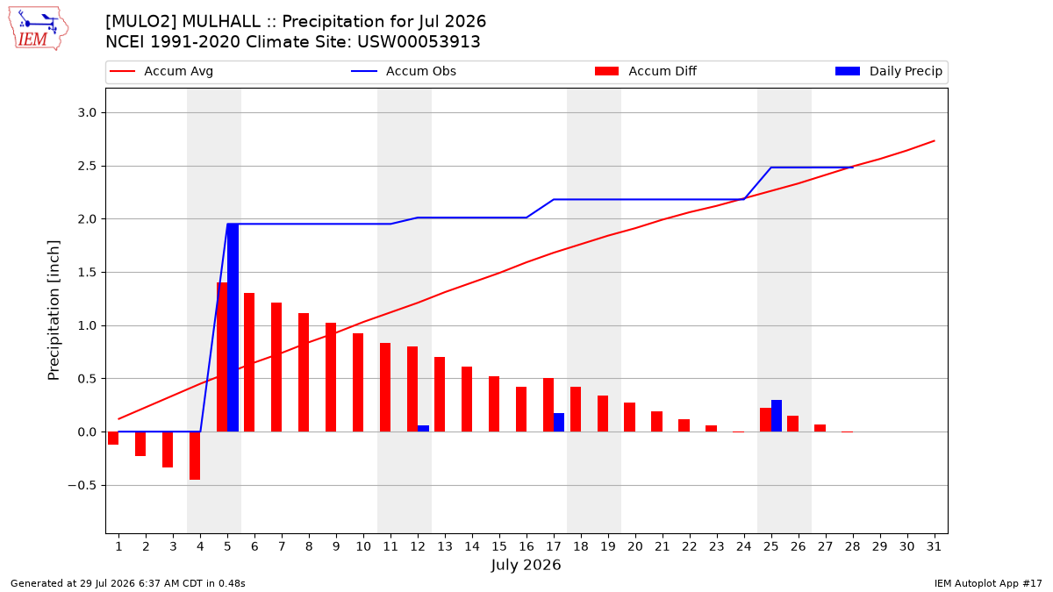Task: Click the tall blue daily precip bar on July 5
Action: (x=233, y=327)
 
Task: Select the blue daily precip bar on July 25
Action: (x=777, y=416)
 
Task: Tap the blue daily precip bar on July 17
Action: (x=559, y=423)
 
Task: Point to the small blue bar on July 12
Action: (x=423, y=429)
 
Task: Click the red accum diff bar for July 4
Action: (x=195, y=456)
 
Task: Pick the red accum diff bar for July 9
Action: (x=331, y=377)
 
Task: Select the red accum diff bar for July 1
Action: (x=113, y=438)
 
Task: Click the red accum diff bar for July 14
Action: (x=467, y=399)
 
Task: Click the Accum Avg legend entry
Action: (x=161, y=71)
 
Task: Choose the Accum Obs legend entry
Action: (x=404, y=71)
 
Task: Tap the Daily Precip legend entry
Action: (x=888, y=71)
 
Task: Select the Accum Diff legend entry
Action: (x=646, y=71)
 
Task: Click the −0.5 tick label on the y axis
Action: (x=82, y=485)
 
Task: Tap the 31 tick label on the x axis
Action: (x=934, y=546)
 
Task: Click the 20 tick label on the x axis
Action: (x=635, y=546)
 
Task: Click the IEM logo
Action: (x=38, y=29)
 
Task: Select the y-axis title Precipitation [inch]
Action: (x=54, y=310)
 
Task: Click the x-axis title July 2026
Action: (x=526, y=565)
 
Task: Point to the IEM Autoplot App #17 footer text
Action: (x=988, y=583)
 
